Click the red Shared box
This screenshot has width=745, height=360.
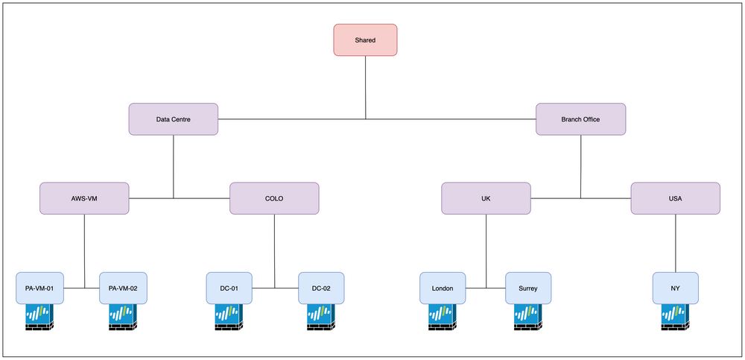365,39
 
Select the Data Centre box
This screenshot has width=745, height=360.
174,119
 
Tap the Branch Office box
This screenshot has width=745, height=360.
580,119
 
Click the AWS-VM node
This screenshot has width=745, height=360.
84,198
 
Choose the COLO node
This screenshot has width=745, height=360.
274,198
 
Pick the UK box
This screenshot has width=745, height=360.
486,198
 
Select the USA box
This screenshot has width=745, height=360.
675,198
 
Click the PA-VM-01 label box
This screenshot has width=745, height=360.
39,288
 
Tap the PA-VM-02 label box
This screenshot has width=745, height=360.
123,288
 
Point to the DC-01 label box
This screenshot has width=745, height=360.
229,288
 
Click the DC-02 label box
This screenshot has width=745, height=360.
321,288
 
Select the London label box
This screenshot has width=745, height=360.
443,288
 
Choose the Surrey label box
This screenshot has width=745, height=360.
528,288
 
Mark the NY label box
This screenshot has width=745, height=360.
675,288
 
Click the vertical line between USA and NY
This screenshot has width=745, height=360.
675,243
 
